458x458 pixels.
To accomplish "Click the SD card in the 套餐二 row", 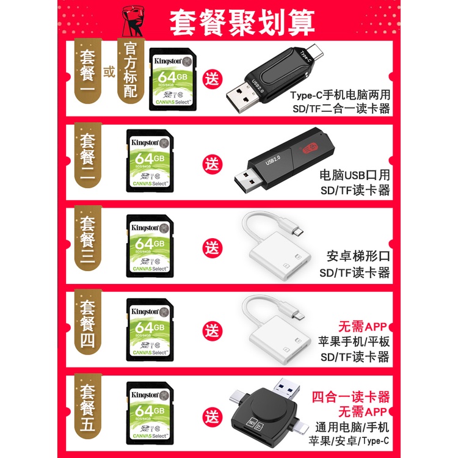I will point(149,159).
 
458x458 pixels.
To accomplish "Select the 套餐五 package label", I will point(89,410).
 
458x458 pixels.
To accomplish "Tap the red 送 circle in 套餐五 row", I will point(212,418).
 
